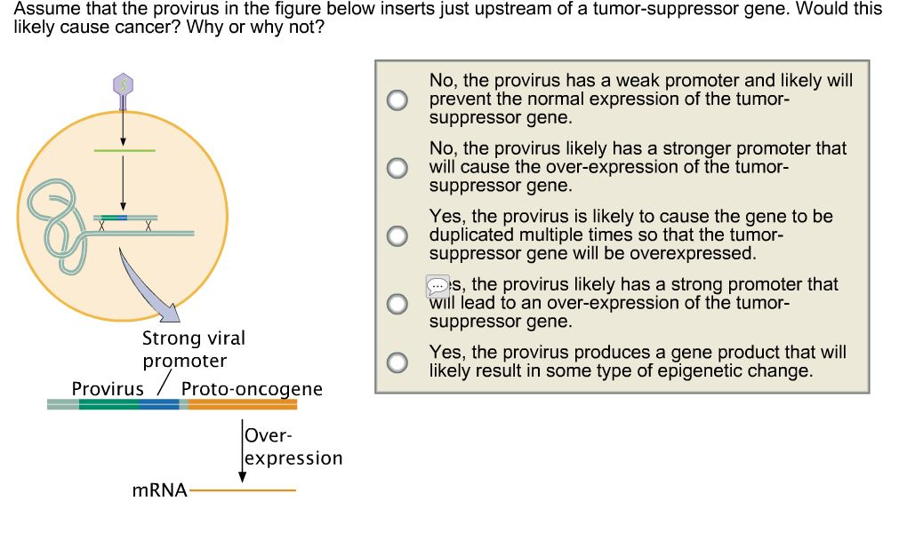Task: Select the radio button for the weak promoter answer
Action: tap(398, 99)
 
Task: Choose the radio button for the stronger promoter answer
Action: tap(398, 167)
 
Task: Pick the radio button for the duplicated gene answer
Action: tap(398, 235)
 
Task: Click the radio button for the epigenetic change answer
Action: tap(398, 362)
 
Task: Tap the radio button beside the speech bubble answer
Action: tap(398, 303)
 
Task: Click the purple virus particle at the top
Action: tap(124, 84)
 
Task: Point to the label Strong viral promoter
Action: tap(193, 349)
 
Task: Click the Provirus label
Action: tap(107, 389)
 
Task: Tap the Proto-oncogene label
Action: tap(252, 389)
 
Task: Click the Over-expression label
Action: tap(293, 447)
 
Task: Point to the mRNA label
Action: tap(159, 489)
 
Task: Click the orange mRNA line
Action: tap(242, 489)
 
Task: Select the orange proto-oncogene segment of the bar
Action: tap(242, 404)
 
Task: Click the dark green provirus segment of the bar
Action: tap(108, 404)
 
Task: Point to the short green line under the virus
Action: tap(124, 151)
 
